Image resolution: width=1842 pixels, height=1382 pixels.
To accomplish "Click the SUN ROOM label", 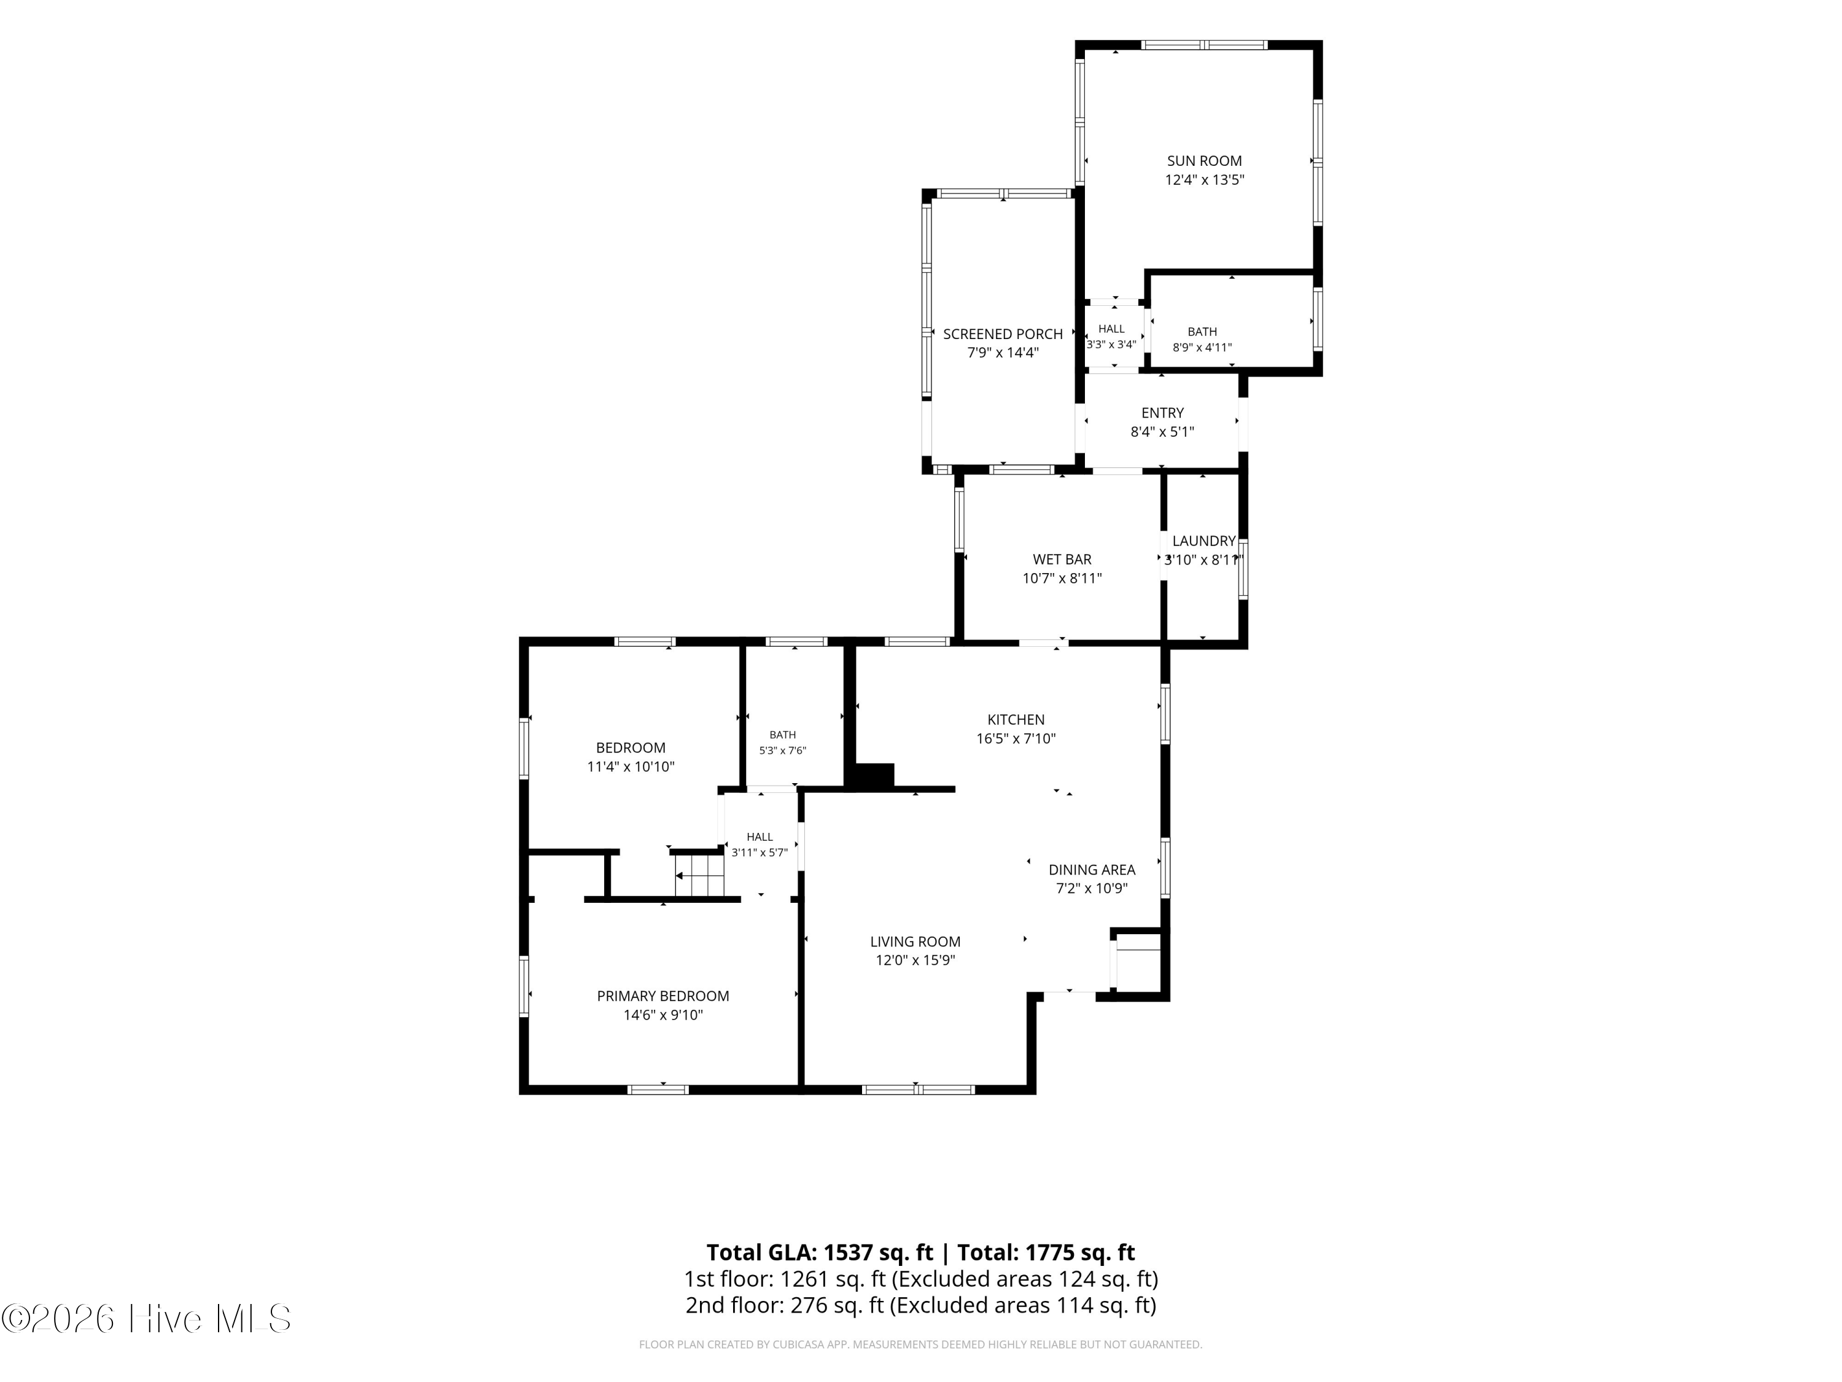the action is [x=1204, y=161].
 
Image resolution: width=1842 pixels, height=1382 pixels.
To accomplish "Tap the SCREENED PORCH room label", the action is [x=1003, y=334].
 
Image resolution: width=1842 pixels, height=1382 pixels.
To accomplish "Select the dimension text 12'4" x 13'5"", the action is [x=1204, y=180].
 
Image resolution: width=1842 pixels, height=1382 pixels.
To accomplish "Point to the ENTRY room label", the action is [x=1162, y=413].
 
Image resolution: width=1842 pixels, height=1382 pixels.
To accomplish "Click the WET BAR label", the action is [x=1062, y=560].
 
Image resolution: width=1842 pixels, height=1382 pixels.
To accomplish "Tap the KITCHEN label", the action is [x=1016, y=720].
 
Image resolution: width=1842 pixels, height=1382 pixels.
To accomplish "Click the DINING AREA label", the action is [x=1092, y=870].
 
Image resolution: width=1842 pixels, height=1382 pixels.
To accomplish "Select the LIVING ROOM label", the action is [x=915, y=942].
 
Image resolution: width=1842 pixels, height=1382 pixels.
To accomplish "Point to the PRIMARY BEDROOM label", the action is [x=663, y=996].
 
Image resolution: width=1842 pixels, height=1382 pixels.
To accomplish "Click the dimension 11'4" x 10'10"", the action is [x=631, y=767].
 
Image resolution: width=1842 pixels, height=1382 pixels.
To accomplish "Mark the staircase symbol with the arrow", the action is [x=699, y=875].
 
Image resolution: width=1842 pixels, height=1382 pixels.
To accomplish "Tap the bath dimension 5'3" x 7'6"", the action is [x=783, y=751].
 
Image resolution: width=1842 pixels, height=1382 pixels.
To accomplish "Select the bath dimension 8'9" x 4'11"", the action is [x=1202, y=348].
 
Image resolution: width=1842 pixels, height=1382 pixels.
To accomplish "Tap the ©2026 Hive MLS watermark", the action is [x=147, y=1319].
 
